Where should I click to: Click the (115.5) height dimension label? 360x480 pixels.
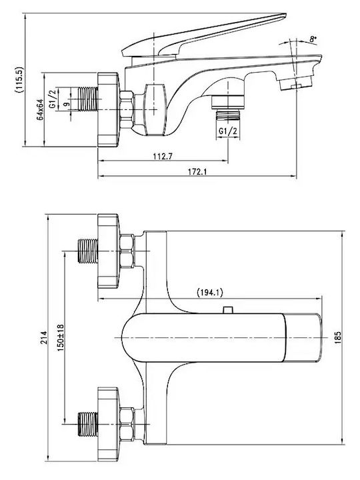tap(19, 79)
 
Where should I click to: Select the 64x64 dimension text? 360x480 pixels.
tap(40, 109)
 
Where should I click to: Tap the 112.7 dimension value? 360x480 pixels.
tap(163, 157)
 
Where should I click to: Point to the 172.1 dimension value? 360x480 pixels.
tap(197, 172)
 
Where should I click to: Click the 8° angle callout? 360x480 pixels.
tap(313, 39)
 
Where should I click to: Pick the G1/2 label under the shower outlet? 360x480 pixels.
tap(228, 131)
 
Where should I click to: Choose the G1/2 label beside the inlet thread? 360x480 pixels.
tap(53, 98)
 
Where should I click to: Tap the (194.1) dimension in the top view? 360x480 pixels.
tap(210, 293)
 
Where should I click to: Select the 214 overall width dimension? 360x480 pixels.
tap(45, 337)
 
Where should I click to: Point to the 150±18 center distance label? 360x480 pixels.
tap(61, 337)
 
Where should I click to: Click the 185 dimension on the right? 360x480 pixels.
tap(337, 337)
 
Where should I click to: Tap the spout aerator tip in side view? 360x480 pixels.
tap(295, 83)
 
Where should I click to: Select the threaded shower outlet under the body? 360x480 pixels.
tap(228, 115)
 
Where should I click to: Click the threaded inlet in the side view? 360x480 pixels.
tap(88, 99)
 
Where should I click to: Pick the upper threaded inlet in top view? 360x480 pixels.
tap(88, 251)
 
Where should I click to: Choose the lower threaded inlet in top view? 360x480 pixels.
tap(88, 424)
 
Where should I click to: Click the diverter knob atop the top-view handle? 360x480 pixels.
tap(227, 310)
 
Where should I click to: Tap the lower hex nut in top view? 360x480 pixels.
tap(127, 424)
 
